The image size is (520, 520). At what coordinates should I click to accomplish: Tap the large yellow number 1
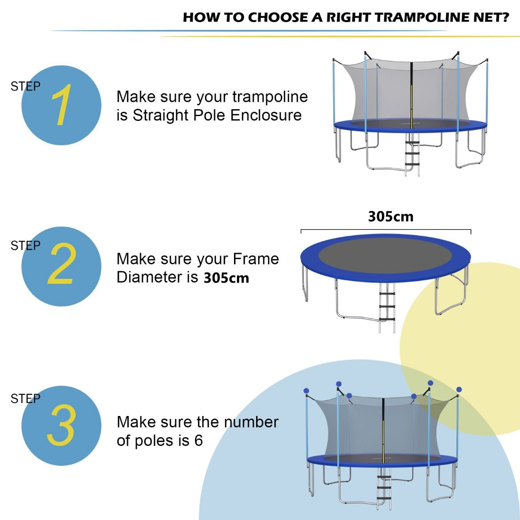point(61,105)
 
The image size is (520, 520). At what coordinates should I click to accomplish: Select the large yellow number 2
point(61,264)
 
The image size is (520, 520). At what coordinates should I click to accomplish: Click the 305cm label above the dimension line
point(390,216)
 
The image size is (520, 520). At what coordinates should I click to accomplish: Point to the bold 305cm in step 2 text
point(226,278)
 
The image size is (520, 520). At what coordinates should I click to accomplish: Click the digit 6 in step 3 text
point(198,440)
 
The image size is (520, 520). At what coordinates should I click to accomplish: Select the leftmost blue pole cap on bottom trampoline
point(306,390)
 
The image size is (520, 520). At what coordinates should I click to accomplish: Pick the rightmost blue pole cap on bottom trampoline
point(459,390)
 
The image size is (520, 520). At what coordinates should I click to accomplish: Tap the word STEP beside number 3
point(25,399)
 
